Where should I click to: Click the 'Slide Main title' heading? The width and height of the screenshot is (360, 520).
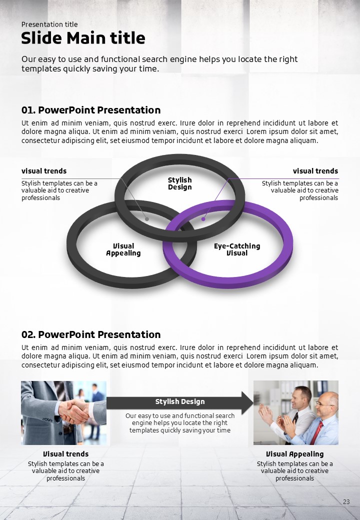point(83,38)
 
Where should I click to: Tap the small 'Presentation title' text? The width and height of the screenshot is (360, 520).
point(49,24)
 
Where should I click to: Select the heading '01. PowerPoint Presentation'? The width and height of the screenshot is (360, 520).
point(91,110)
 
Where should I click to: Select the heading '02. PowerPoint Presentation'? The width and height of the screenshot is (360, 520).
point(91,334)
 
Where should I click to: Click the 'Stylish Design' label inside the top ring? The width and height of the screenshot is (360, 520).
point(179,183)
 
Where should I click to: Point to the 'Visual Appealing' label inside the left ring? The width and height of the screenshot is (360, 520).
point(123,249)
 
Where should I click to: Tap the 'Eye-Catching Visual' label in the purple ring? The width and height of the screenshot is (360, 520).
point(237,249)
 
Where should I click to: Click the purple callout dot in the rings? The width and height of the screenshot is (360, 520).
point(203,219)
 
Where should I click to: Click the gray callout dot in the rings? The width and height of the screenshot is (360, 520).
point(147,219)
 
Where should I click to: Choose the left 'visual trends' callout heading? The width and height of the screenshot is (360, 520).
point(44,171)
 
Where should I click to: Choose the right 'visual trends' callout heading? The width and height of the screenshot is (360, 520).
point(315,171)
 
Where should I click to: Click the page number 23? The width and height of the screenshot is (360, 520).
point(346,502)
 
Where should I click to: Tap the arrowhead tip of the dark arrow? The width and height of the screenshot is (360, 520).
point(253,403)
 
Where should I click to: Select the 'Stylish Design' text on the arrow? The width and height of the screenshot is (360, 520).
point(180,401)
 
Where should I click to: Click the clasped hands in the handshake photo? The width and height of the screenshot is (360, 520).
point(73,411)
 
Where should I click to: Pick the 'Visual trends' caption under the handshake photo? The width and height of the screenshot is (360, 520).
point(65,453)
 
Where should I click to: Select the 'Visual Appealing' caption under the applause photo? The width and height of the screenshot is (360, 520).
point(294,453)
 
